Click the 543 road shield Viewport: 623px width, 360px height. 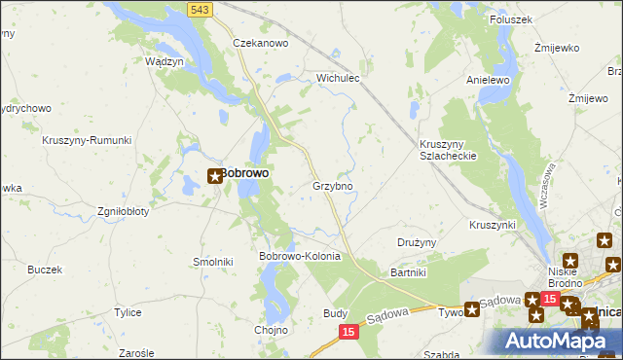click(201, 9)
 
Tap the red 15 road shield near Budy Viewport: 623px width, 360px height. click(349, 332)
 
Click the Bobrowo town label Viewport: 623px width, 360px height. click(244, 173)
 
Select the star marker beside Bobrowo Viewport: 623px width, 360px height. click(215, 176)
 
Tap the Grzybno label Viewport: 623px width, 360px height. click(332, 185)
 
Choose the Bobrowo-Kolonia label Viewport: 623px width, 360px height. click(299, 256)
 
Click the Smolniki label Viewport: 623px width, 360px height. click(212, 262)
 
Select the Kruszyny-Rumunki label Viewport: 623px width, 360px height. click(87, 140)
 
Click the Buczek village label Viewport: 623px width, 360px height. click(45, 269)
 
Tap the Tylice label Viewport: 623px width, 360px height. click(128, 312)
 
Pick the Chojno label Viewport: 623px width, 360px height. click(273, 330)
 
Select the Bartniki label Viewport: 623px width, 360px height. click(409, 273)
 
